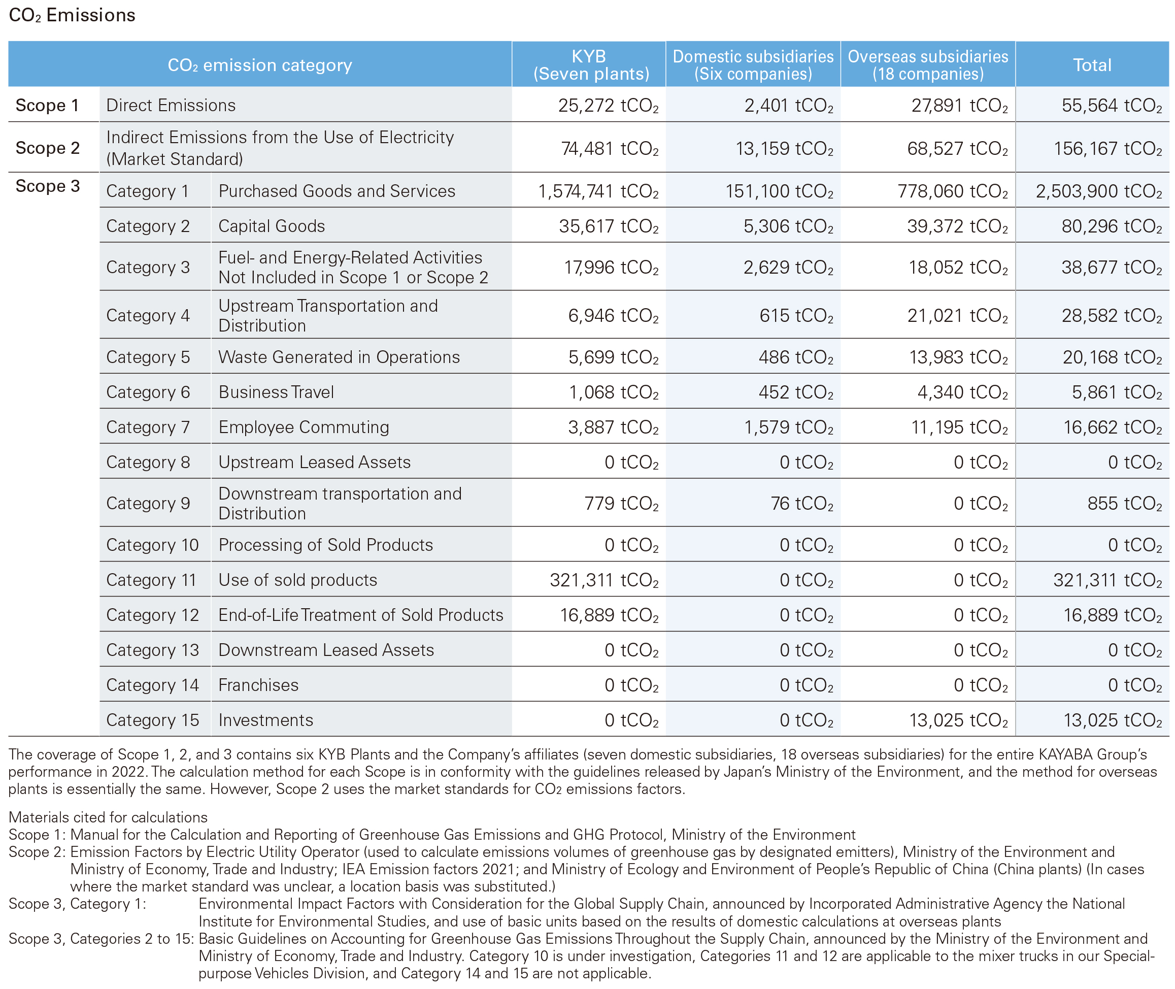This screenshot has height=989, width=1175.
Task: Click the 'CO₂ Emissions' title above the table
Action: pos(72,15)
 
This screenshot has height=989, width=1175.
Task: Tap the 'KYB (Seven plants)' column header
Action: pos(591,65)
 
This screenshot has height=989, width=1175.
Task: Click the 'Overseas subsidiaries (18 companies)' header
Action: pos(928,65)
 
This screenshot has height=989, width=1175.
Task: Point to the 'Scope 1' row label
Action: pos(47,106)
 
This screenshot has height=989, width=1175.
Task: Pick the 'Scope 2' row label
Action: pos(48,148)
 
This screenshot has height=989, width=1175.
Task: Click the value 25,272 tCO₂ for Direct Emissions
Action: pos(608,106)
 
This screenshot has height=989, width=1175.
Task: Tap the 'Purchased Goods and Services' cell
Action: pos(337,191)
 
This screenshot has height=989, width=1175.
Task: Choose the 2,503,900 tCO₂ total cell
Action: pos(1099,191)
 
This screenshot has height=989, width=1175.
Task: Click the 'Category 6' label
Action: pos(148,392)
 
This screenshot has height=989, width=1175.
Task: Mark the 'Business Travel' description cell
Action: pos(277,392)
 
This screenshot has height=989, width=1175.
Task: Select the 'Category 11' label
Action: pos(151,580)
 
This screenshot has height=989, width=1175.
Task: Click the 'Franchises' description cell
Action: pos(258,685)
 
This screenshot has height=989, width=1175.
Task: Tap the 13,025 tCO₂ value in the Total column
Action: pos(1113,720)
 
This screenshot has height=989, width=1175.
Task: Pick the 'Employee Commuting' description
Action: pos(304,427)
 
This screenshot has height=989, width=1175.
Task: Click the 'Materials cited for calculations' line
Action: pos(108,817)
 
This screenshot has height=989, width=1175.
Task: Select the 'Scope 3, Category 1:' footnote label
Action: pos(77,904)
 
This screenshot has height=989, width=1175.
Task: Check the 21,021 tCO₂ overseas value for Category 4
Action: pos(957,316)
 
